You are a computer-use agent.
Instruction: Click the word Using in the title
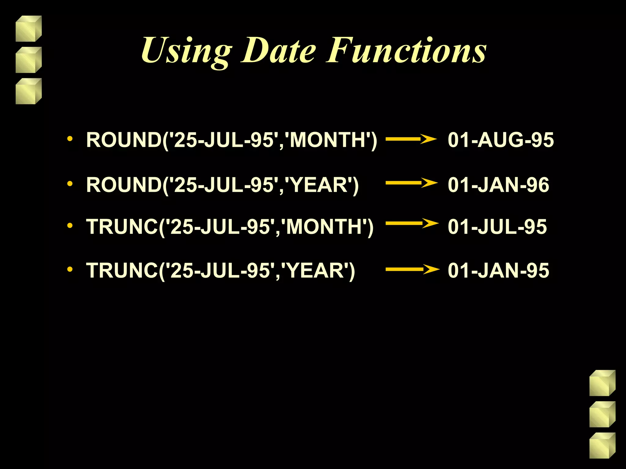pyautogui.click(x=186, y=51)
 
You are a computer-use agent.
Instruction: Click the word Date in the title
pyautogui.click(x=278, y=51)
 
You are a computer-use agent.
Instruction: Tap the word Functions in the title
pyautogui.click(x=406, y=51)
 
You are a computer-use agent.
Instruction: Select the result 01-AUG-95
pyautogui.click(x=501, y=140)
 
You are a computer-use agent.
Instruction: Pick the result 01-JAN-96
pyautogui.click(x=498, y=185)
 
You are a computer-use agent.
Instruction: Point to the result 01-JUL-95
pyautogui.click(x=497, y=227)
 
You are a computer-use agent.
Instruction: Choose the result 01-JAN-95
pyautogui.click(x=498, y=271)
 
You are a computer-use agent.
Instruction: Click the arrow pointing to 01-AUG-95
pyautogui.click(x=411, y=139)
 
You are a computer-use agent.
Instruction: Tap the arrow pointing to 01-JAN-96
pyautogui.click(x=411, y=183)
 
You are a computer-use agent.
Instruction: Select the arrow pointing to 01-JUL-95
pyautogui.click(x=412, y=223)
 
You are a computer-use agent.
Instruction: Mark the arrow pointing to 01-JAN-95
pyautogui.click(x=412, y=269)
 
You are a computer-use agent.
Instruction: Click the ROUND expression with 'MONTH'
pyautogui.click(x=232, y=140)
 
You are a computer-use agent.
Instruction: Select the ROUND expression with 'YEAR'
pyautogui.click(x=222, y=185)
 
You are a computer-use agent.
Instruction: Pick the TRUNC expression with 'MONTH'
pyautogui.click(x=230, y=227)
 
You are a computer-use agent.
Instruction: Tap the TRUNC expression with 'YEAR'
pyautogui.click(x=220, y=271)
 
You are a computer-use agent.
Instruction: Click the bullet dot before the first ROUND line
pyautogui.click(x=70, y=139)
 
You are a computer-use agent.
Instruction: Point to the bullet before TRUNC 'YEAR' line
pyautogui.click(x=70, y=269)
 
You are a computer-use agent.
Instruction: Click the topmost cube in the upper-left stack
pyautogui.click(x=28, y=29)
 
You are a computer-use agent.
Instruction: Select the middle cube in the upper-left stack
pyautogui.click(x=28, y=60)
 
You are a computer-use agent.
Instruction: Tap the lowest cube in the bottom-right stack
pyautogui.click(x=602, y=445)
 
